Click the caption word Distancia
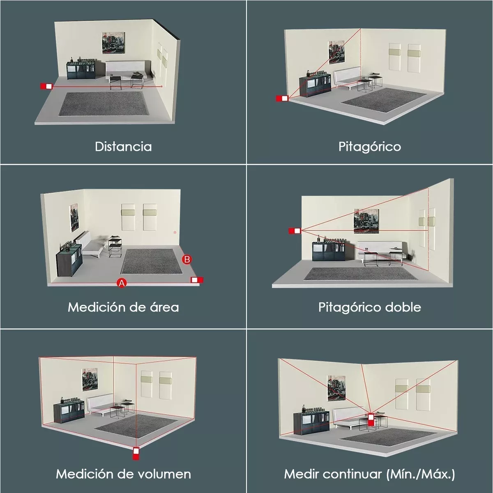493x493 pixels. pos(123,147)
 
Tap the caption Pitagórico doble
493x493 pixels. pos(369,308)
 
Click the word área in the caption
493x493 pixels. pos(164,307)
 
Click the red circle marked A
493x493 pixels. pos(122,283)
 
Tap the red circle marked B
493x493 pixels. pos(187,259)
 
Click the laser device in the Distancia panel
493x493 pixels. pos(46,86)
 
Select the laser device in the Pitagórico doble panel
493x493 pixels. pos(295,231)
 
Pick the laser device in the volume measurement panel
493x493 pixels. pos(136,453)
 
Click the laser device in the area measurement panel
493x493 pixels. pos(197,280)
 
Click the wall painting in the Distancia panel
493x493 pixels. pos(113,43)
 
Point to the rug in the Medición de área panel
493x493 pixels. pos(152,261)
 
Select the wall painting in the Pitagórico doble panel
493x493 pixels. pos(366,221)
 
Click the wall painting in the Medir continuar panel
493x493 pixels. pos(336,388)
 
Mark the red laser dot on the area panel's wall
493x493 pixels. pos(175,232)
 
